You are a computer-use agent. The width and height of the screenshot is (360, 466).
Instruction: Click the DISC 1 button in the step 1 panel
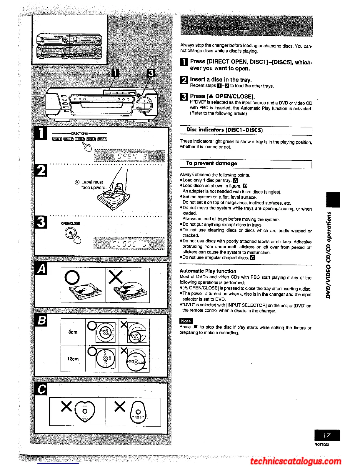pyautogui.click(x=57, y=139)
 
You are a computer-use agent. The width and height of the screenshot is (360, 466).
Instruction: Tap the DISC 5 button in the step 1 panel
pyautogui.click(x=102, y=139)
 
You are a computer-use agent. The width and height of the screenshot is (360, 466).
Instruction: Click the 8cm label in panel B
pyautogui.click(x=73, y=332)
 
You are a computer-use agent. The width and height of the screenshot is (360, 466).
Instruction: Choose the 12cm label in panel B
pyautogui.click(x=73, y=359)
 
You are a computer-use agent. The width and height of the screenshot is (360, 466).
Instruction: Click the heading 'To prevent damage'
pyautogui.click(x=211, y=163)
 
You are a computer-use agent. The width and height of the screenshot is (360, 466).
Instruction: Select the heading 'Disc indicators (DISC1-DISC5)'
pyautogui.click(x=224, y=130)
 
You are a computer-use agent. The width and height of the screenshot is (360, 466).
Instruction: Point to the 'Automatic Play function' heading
pyautogui.click(x=208, y=271)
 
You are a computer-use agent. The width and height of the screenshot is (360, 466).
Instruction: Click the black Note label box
pyautogui.click(x=186, y=321)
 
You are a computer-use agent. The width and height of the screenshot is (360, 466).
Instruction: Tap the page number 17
pyautogui.click(x=327, y=435)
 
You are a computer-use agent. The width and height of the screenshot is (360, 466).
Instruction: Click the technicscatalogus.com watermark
pyautogui.click(x=296, y=460)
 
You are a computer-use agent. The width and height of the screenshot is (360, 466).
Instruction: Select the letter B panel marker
pyautogui.click(x=42, y=320)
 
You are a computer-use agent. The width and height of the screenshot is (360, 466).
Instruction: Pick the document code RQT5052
pyautogui.click(x=321, y=445)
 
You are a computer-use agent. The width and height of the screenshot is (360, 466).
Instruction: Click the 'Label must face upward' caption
pyautogui.click(x=93, y=185)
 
